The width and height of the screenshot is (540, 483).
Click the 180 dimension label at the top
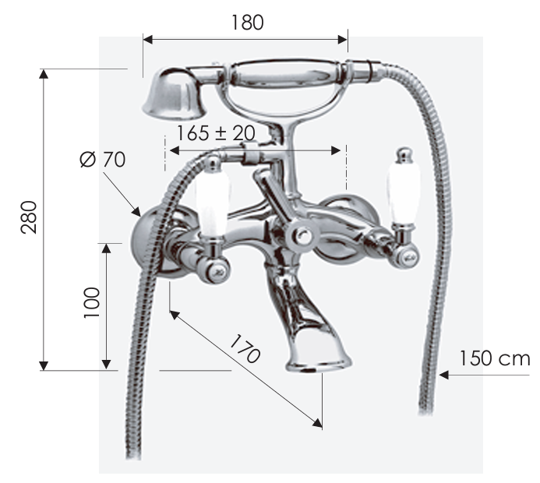pyautogui.click(x=247, y=23)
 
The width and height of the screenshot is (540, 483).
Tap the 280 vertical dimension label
pyautogui.click(x=29, y=217)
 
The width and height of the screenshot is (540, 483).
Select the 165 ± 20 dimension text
pyautogui.click(x=216, y=133)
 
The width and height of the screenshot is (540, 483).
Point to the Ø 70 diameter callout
pyautogui.click(x=102, y=160)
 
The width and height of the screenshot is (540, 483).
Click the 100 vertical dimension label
pyautogui.click(x=92, y=303)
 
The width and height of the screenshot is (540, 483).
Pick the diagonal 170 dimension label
pyautogui.click(x=245, y=348)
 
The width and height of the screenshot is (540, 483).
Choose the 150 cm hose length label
pyautogui.click(x=495, y=358)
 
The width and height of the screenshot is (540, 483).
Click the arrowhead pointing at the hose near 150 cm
pyautogui.click(x=443, y=375)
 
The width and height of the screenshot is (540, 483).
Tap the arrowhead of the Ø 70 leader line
pyautogui.click(x=136, y=211)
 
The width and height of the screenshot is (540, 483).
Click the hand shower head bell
pyautogui.click(x=174, y=94)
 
